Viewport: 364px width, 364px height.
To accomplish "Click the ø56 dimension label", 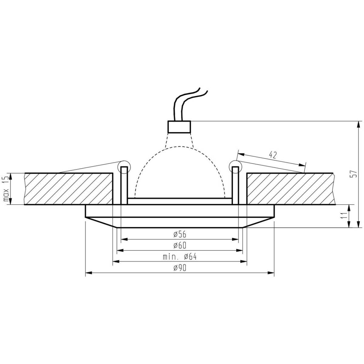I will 180,234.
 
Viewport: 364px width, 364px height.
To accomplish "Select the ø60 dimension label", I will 180,245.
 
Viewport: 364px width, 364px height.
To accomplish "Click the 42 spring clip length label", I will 273,155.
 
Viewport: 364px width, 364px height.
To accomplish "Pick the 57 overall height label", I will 352,174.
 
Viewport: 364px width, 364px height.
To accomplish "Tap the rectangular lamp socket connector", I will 179,127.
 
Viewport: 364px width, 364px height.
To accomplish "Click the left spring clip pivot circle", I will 124,166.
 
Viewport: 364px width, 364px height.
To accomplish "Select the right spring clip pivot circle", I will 235,166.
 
